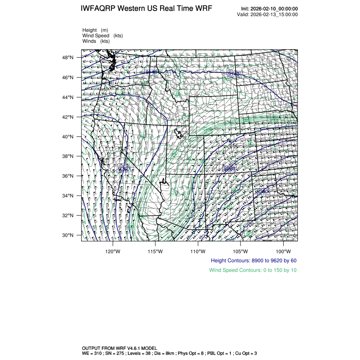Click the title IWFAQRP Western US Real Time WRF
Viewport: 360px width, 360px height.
tap(146, 9)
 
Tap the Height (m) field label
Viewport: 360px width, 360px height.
tap(95, 30)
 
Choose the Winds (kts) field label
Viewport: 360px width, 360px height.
tap(96, 41)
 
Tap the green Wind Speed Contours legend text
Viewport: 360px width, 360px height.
tap(253, 270)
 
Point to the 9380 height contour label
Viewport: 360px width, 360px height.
tap(229, 169)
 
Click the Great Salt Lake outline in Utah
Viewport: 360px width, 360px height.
tap(181, 134)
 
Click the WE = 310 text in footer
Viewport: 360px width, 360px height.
tap(92, 353)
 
